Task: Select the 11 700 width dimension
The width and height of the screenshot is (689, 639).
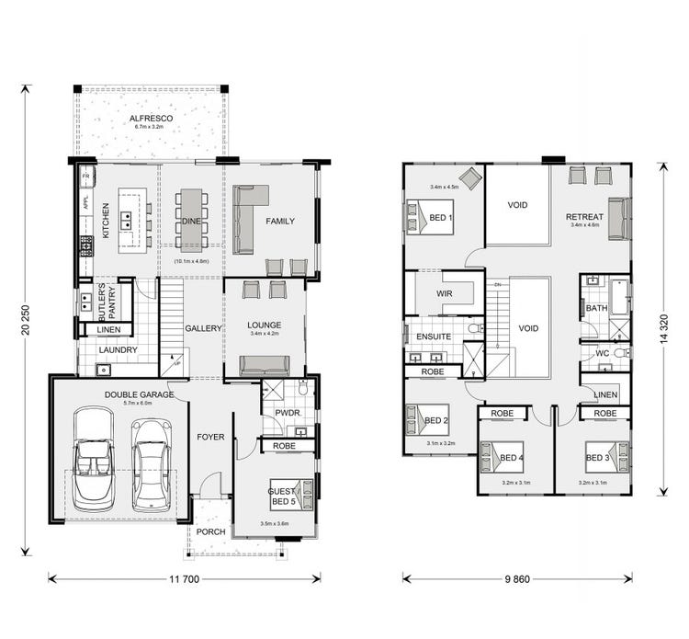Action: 185,579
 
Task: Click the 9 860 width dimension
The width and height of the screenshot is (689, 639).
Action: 516,579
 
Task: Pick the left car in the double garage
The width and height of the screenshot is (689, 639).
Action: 93,460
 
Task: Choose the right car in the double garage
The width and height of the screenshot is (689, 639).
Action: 151,463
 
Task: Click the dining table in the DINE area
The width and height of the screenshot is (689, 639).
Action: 191,221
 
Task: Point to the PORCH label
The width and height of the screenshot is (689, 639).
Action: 211,531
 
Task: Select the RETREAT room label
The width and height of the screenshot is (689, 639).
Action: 584,217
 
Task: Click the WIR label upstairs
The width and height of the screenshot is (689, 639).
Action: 445,295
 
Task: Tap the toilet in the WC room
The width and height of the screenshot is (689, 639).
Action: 621,353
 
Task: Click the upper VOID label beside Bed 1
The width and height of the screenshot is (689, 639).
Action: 517,205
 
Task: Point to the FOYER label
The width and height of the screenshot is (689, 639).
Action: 211,437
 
